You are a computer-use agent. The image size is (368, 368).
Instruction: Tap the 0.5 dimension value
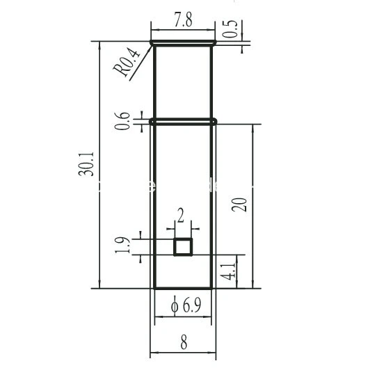(231, 29)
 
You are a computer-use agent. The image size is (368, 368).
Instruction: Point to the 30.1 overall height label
(86, 164)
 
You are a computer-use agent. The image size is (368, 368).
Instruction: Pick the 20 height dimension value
(240, 205)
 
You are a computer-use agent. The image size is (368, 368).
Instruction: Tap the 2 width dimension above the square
(182, 215)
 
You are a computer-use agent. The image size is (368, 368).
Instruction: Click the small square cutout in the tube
(183, 246)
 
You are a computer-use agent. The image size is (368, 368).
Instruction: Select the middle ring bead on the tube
(183, 121)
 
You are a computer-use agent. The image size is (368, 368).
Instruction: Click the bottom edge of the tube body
(183, 287)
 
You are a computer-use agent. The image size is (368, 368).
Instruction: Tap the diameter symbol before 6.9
(174, 305)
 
